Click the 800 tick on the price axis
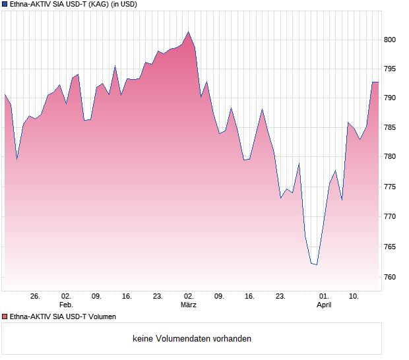[x=390, y=40]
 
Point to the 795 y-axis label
[x=390, y=69]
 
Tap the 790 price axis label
[x=390, y=98]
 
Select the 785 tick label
[x=390, y=127]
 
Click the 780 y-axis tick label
[x=390, y=157]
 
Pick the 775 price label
[x=390, y=187]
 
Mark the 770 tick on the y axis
[x=390, y=216]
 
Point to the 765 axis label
[x=390, y=247]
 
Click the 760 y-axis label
[x=390, y=277]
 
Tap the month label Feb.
[x=65, y=305]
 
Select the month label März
[x=189, y=305]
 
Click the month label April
[x=324, y=305]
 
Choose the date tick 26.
[x=35, y=297]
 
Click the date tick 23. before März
[x=158, y=297]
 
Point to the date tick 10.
[x=354, y=297]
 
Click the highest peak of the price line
[x=189, y=32]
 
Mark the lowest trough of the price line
[x=317, y=264]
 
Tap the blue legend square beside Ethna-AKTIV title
[x=5, y=5]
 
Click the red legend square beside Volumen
[x=5, y=316]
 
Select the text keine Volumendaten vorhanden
[x=192, y=339]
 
